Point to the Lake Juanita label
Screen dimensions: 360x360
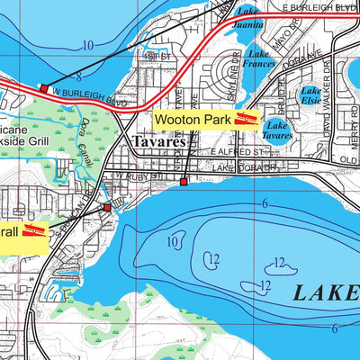[248, 21]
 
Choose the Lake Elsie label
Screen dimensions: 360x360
[310, 95]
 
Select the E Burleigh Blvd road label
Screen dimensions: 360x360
[319, 7]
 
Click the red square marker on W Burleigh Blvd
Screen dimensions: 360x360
[43, 88]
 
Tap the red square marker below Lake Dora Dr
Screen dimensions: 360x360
[184, 182]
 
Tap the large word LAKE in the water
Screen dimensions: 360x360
[326, 291]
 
